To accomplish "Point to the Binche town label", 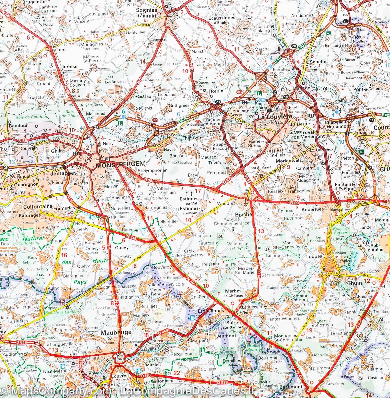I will click(244, 214).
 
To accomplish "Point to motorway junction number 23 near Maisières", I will click(96, 127).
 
